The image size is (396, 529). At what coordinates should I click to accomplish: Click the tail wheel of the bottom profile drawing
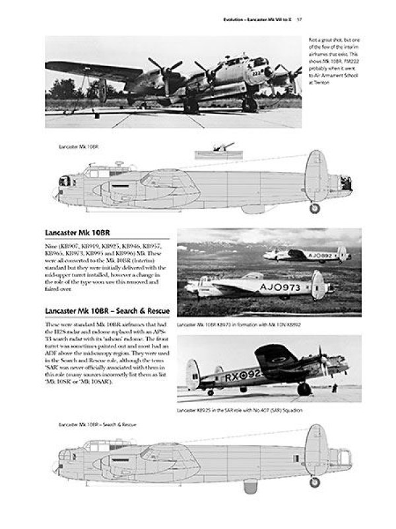(x=314, y=481)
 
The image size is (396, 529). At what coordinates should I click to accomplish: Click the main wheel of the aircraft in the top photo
(x=249, y=104)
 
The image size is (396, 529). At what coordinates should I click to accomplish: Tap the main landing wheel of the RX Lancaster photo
(x=304, y=389)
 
